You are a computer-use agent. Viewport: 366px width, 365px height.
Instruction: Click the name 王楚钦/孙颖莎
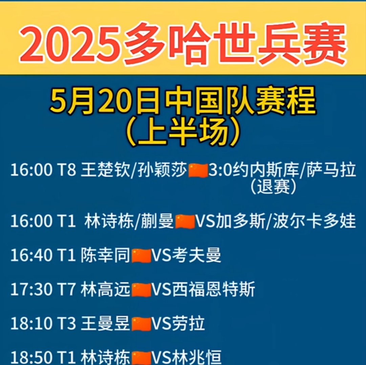(x=134, y=171)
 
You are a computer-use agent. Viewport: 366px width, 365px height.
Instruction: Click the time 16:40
(x=31, y=256)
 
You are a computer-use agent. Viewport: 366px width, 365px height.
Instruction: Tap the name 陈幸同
(x=105, y=256)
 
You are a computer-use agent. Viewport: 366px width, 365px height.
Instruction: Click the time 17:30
(x=31, y=290)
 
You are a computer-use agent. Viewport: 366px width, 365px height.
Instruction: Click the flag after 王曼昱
(x=141, y=324)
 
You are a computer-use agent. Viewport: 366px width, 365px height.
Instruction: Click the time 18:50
(x=31, y=357)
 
